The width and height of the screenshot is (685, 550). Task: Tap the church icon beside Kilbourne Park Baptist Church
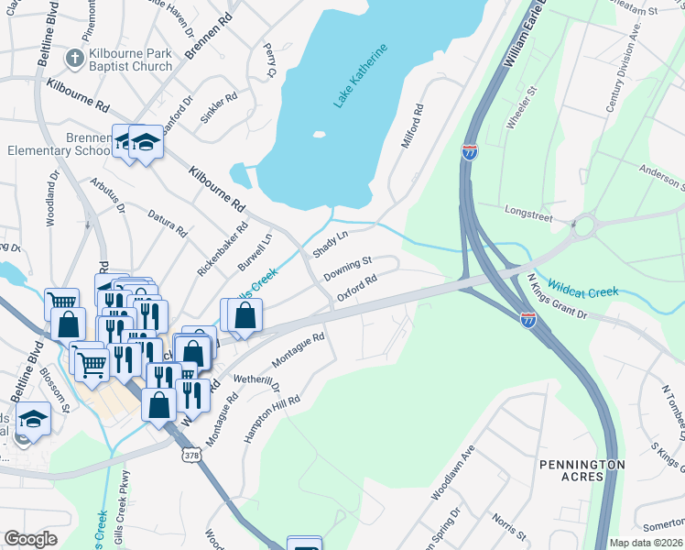[74, 59]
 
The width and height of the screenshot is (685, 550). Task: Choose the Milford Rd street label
[410, 126]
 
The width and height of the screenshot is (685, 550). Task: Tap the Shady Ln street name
[332, 245]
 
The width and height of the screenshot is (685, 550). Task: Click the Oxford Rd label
[357, 289]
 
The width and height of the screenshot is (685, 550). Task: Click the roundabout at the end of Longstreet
[582, 225]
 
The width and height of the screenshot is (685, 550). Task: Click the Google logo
[30, 539]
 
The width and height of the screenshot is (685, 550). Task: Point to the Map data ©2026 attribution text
[646, 543]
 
